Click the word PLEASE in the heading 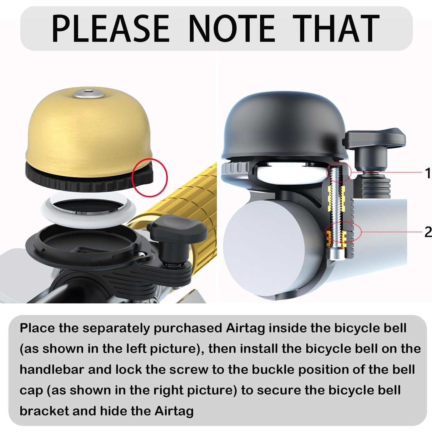[110, 28]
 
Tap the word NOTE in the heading [231, 28]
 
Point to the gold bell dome [87, 131]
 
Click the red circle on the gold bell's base [150, 177]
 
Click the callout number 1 [427, 173]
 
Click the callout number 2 [427, 232]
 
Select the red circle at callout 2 [343, 232]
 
